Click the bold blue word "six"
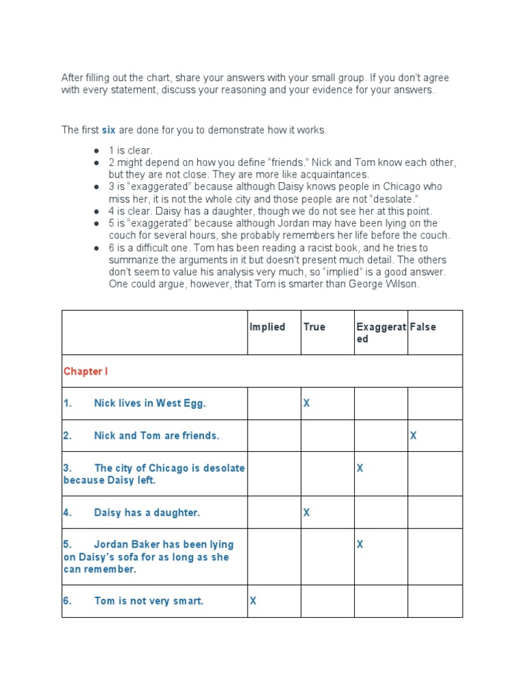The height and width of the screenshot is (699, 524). coord(108,130)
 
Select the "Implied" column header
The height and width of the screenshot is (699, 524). coord(267,327)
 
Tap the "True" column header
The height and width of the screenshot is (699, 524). coord(314,327)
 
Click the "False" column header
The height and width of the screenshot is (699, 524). coord(422,327)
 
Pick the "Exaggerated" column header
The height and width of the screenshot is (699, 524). coord(381,332)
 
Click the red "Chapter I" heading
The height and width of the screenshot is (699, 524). coord(85,371)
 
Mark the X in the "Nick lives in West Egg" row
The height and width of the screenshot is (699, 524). coord(306,403)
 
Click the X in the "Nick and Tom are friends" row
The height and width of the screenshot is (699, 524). coord(413,436)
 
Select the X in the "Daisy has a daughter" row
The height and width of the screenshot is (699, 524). coord(306,513)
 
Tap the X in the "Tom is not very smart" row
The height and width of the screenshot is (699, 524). coord(253,601)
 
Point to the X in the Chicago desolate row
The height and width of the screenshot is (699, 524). coord(360,468)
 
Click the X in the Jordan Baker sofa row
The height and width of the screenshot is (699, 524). coord(360,545)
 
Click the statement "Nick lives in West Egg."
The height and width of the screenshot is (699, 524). coord(149,403)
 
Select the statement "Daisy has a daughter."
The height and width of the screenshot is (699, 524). coord(147,513)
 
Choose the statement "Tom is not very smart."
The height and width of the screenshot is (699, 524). coord(149,601)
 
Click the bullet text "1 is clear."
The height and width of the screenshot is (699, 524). coord(130,150)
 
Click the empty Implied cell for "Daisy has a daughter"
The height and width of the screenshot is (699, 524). coord(274,513)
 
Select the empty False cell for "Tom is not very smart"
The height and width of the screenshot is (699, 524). coord(435,601)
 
